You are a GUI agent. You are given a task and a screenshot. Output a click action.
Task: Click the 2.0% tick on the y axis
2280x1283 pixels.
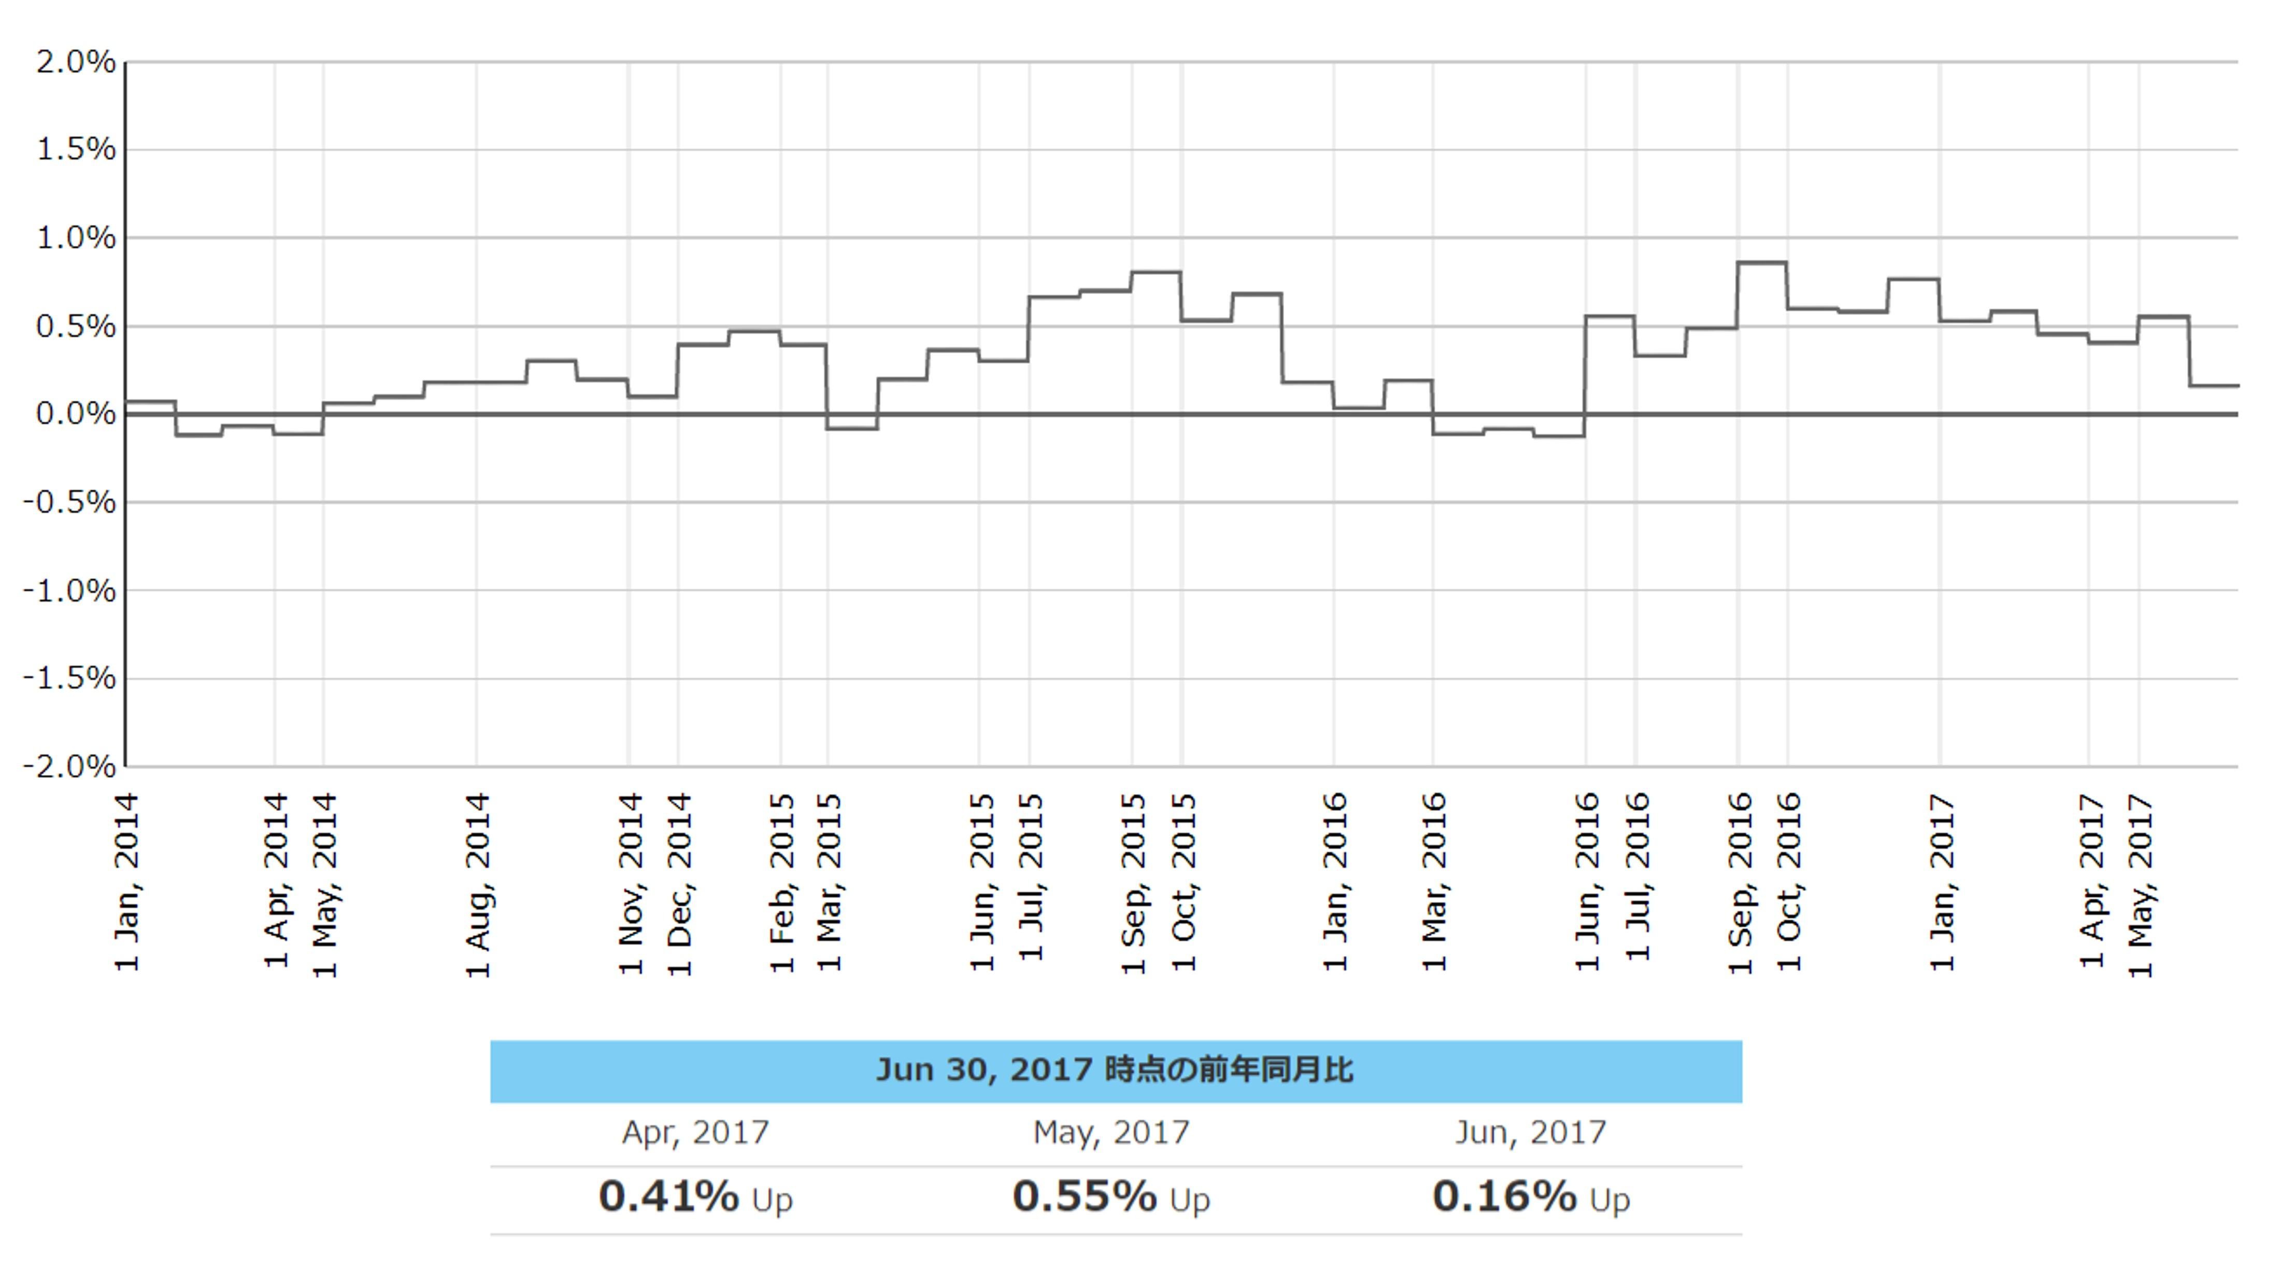[75, 62]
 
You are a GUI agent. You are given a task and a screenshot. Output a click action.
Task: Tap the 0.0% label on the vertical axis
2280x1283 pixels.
[75, 414]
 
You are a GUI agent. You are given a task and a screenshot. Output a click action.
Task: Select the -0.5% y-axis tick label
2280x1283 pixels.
[69, 502]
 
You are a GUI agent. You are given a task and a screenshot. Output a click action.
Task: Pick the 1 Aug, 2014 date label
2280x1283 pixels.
[478, 885]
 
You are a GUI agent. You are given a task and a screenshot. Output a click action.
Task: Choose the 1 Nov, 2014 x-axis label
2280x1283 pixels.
[630, 884]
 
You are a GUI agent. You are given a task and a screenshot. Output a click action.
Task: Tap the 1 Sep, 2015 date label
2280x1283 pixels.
[1134, 884]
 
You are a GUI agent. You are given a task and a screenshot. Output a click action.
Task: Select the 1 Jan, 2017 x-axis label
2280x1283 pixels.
[1942, 884]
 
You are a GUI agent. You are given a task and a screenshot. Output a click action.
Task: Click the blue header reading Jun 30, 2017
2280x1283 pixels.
[1115, 1070]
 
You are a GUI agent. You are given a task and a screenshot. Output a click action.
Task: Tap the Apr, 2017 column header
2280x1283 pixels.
[696, 1133]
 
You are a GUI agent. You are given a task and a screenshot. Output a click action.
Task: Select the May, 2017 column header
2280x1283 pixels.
[1111, 1133]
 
